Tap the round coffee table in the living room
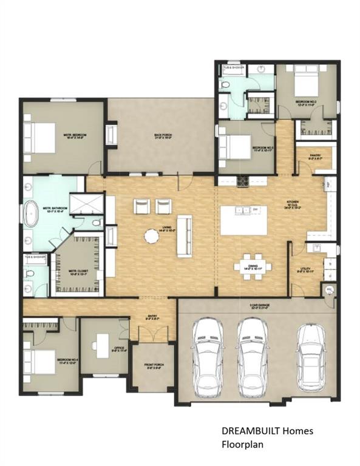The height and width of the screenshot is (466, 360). pos(151,236)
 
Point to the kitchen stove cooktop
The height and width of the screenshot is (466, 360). pos(244,180)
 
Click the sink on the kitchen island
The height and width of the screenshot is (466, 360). pos(245,210)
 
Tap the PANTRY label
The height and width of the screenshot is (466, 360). pos(314,157)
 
